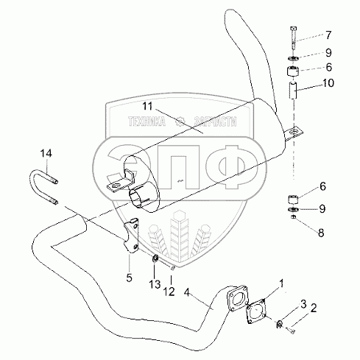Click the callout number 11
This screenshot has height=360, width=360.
(148, 106)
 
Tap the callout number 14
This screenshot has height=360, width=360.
(46, 154)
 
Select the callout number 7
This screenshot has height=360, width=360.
(328, 35)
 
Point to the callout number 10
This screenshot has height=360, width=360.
(328, 83)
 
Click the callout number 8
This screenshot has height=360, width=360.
(321, 233)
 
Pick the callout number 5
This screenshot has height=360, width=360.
(129, 278)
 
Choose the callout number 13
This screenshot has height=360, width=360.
(155, 284)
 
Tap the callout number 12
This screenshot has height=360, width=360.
(169, 292)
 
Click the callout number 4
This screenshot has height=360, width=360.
(187, 292)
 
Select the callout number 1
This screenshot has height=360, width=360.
(281, 283)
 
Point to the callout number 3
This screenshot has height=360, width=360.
(303, 304)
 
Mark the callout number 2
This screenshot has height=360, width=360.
(314, 308)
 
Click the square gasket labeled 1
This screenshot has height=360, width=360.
(256, 311)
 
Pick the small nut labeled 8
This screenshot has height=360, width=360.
(293, 217)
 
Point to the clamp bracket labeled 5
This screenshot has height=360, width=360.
(132, 236)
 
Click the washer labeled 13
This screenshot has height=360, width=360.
(155, 258)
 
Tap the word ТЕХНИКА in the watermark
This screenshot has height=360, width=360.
(147, 121)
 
